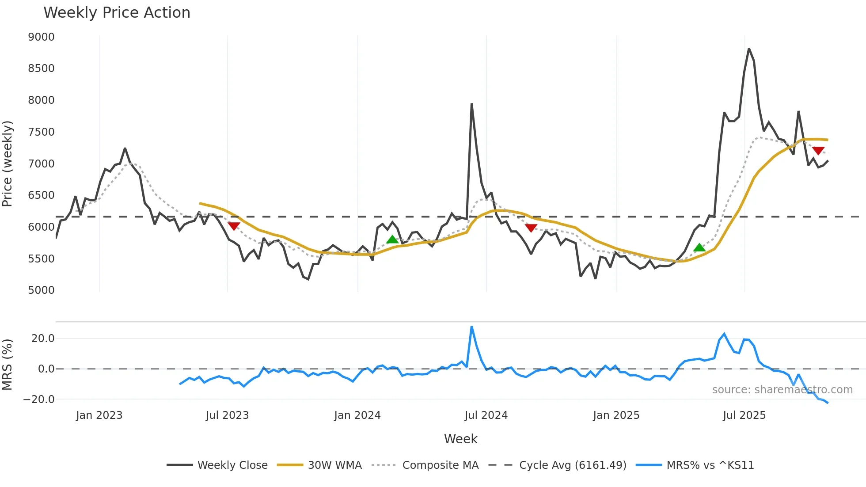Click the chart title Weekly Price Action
click(x=117, y=13)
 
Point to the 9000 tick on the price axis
click(x=42, y=37)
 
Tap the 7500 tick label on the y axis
click(x=42, y=132)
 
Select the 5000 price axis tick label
click(x=42, y=290)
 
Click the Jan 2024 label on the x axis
click(x=357, y=415)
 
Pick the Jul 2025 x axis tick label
click(x=744, y=415)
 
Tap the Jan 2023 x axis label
click(x=99, y=415)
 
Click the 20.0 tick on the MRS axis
click(x=43, y=339)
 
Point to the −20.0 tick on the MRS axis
click(x=39, y=399)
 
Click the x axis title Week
click(x=460, y=439)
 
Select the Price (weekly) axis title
click(x=8, y=164)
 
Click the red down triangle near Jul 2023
click(x=234, y=226)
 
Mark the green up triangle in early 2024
click(x=392, y=240)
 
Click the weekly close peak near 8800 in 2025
click(x=749, y=49)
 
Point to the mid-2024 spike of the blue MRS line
click(x=472, y=327)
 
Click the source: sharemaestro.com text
click(x=782, y=390)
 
